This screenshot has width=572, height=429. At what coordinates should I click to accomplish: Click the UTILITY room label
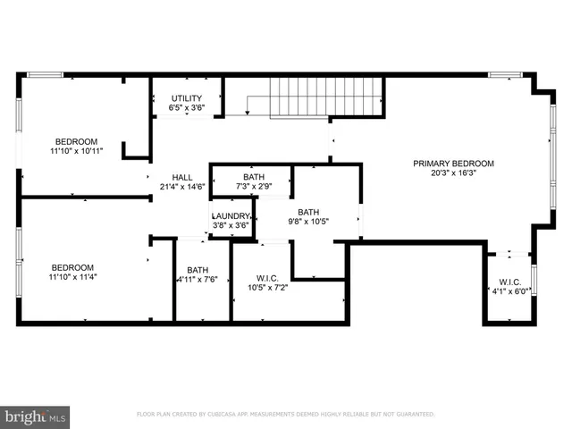point(187,98)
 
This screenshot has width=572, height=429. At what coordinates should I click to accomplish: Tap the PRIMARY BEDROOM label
point(453,164)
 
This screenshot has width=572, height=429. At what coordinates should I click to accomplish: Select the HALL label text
point(182,177)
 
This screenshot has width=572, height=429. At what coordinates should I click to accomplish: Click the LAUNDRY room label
point(230,216)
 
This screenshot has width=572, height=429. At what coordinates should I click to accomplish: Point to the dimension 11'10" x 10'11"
point(76,152)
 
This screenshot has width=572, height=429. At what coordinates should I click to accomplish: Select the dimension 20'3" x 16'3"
point(453,174)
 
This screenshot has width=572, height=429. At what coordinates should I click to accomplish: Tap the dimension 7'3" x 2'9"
point(254,187)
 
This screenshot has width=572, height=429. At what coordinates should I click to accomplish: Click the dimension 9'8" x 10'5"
point(308,222)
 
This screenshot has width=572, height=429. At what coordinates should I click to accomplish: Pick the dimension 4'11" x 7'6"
point(198,280)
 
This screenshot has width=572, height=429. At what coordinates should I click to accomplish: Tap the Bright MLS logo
point(36,416)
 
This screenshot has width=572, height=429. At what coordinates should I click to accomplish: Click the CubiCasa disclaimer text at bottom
point(285,414)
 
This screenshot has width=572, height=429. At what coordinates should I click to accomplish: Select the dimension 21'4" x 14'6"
point(182,187)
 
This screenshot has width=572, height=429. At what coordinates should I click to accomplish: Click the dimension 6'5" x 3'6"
point(187,108)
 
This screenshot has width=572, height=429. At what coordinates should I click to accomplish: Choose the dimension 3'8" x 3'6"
point(230,226)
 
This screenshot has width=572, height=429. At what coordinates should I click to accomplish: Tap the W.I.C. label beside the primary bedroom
point(509,282)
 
